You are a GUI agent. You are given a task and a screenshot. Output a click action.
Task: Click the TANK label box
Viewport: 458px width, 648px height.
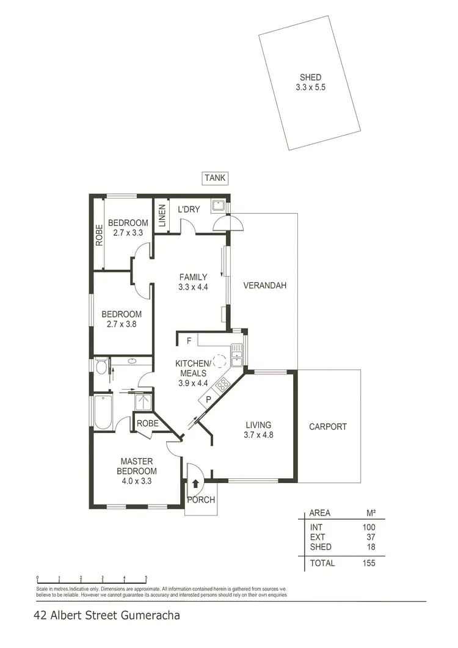[215, 178]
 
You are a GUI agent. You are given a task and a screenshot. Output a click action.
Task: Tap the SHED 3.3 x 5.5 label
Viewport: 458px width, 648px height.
[310, 82]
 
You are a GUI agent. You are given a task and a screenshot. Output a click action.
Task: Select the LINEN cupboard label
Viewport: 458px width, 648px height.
[162, 216]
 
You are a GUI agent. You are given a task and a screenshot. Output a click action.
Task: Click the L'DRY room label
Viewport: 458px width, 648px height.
[189, 210]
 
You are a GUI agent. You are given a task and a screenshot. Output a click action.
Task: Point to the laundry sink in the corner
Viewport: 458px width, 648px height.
[218, 205]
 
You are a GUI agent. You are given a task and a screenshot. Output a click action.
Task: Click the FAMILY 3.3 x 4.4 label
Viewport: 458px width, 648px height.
[193, 282]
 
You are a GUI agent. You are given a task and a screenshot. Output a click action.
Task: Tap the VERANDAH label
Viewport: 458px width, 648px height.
[264, 285]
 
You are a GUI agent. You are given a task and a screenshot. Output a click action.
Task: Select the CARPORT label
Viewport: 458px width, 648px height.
[327, 427]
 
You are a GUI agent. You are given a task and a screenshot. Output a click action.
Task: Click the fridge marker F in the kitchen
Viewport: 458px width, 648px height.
[189, 340]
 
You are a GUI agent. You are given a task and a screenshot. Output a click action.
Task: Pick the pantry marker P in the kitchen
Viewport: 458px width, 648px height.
[208, 399]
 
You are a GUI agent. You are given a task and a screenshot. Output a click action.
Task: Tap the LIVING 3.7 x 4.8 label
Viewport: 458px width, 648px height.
[258, 430]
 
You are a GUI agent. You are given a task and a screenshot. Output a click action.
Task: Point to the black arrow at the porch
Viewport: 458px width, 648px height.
[195, 484]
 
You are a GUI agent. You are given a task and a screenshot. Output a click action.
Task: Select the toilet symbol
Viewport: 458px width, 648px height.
[102, 366]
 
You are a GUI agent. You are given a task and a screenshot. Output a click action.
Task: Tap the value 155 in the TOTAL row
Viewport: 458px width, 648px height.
[368, 563]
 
